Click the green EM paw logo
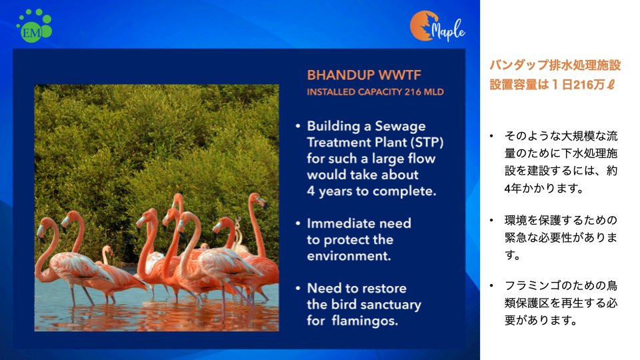(x=34, y=25)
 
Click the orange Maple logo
(x=437, y=26)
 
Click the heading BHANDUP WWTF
(x=364, y=75)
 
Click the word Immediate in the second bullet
(x=338, y=223)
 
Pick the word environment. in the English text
(x=349, y=256)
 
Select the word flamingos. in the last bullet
(x=365, y=321)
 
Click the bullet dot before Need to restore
(x=298, y=288)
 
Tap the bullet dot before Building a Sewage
(x=298, y=126)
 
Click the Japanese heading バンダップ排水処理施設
(x=555, y=65)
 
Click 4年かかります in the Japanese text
(x=543, y=189)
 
